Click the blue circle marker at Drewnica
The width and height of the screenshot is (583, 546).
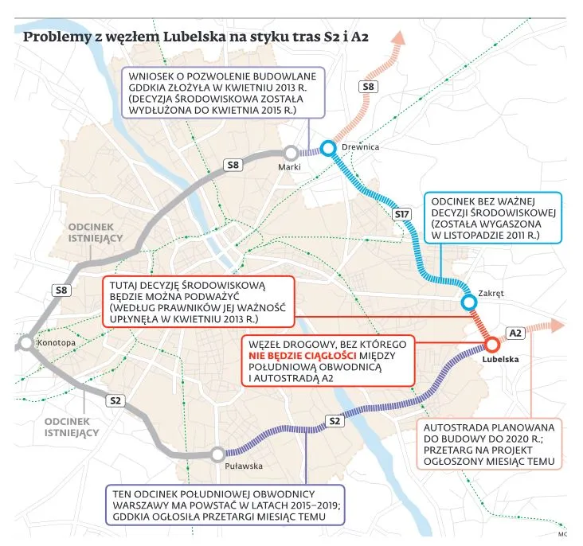click(x=328, y=147)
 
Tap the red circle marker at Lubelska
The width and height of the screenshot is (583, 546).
click(x=491, y=344)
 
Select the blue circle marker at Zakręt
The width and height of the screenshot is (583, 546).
click(x=470, y=302)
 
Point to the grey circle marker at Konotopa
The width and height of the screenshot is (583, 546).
click(x=25, y=343)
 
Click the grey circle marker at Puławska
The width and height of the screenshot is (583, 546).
click(x=217, y=454)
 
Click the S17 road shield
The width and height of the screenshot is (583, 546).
click(x=402, y=215)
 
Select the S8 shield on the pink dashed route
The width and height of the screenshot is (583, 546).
click(x=370, y=86)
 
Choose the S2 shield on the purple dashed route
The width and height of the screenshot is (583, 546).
click(x=335, y=420)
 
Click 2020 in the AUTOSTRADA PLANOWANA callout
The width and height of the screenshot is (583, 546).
click(x=516, y=437)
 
